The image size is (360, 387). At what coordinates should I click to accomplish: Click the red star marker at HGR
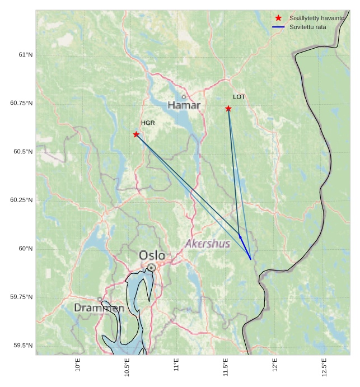(x=136, y=134)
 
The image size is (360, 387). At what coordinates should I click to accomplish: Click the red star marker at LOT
(x=228, y=109)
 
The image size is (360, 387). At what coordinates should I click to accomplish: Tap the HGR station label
(x=148, y=123)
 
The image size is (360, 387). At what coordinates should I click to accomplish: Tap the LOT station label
(x=239, y=97)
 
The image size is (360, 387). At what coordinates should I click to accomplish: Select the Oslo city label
(x=152, y=255)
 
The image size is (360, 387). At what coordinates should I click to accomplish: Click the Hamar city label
(x=184, y=105)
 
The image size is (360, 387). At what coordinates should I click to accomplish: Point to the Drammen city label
(x=99, y=308)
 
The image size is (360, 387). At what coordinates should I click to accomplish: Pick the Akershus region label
(x=207, y=244)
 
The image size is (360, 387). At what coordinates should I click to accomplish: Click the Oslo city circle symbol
(x=151, y=268)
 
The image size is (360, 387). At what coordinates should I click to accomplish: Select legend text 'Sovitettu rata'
(x=307, y=27)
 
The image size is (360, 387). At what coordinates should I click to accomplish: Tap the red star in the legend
(x=278, y=18)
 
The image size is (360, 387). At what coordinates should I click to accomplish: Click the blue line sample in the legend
(x=278, y=27)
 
